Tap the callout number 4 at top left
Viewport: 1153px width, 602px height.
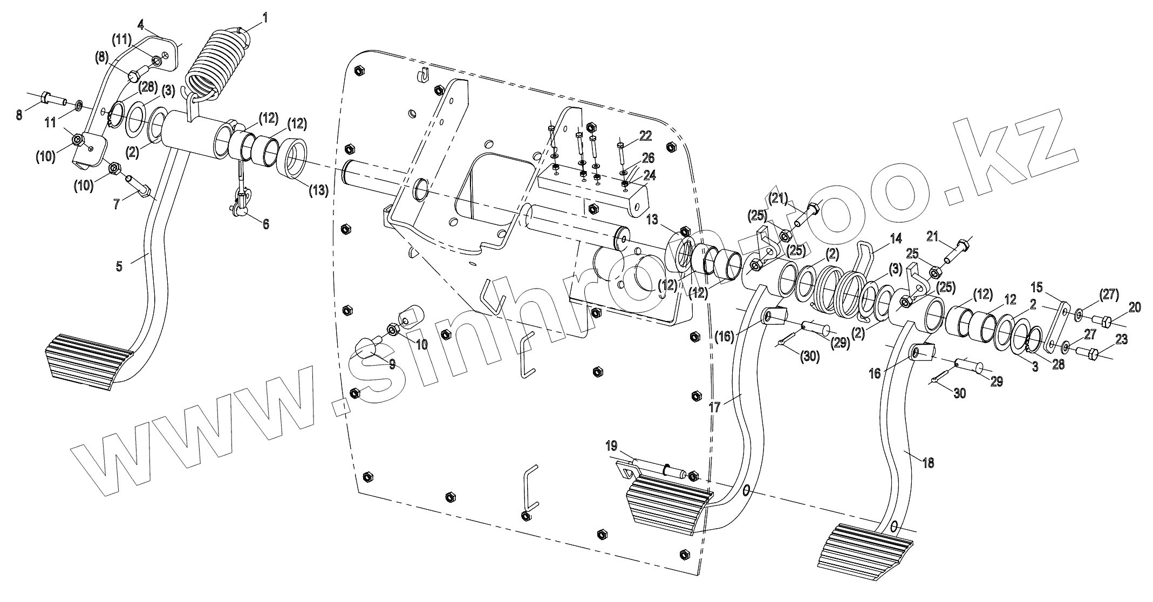pos(141,24)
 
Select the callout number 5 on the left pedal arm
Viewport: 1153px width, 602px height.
pos(119,265)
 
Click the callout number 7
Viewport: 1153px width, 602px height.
pos(117,204)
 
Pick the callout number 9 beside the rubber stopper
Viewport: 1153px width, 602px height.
pos(392,364)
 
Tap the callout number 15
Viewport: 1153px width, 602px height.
pos(1037,286)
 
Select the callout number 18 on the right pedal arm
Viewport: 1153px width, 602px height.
pos(928,462)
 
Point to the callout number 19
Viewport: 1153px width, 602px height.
pos(611,446)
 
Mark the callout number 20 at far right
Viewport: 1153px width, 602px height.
pos(1135,307)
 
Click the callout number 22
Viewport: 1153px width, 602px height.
pos(646,135)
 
